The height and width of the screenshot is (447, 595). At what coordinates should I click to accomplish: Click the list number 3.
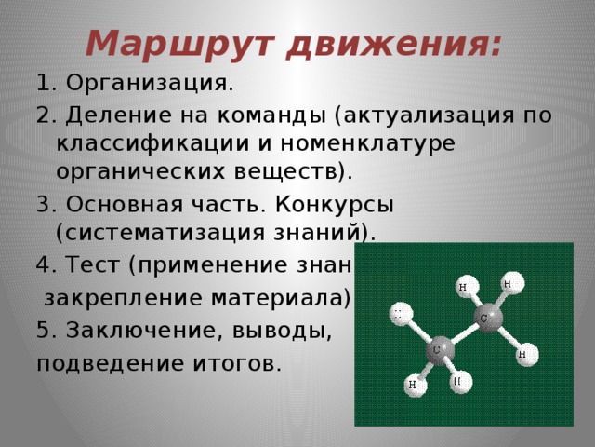(45, 203)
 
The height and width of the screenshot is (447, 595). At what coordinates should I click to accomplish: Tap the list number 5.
(45, 330)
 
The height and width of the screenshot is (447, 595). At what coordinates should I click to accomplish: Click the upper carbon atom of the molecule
(484, 319)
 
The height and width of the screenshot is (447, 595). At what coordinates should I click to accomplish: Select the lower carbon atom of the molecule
(438, 350)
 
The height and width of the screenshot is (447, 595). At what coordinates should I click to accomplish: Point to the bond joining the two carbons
(462, 335)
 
